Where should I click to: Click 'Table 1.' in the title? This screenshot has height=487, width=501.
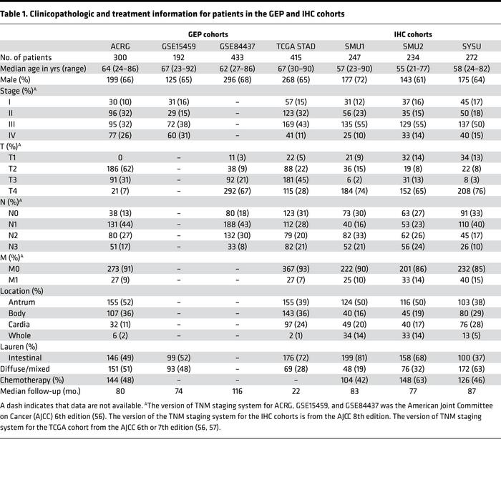[x=22, y=13]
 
